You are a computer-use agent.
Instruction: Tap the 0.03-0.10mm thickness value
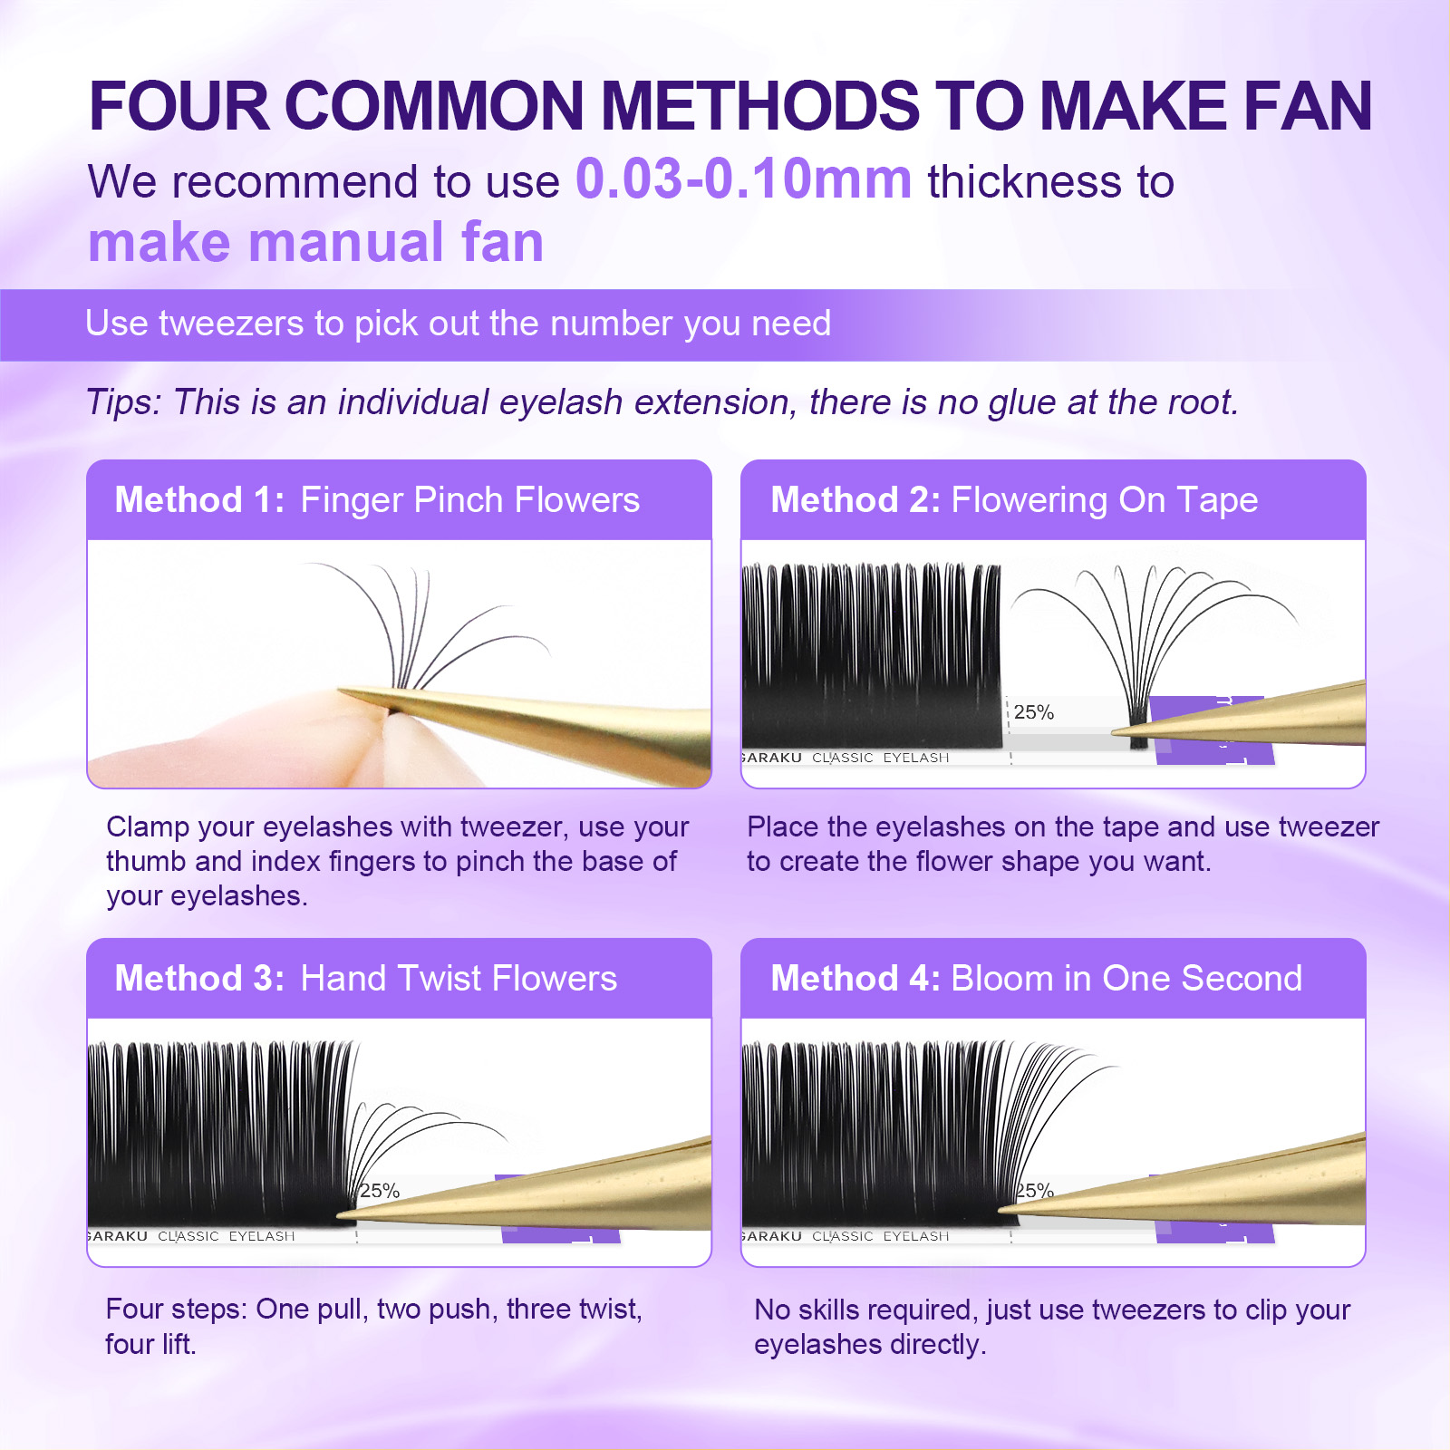pos(743,179)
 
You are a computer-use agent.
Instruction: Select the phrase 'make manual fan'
pos(315,242)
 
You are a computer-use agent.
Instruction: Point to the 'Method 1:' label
pos(199,500)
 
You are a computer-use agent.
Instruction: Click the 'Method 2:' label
pos(855,500)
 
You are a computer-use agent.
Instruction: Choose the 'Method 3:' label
pos(199,979)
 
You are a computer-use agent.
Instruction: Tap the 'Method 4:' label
pos(855,979)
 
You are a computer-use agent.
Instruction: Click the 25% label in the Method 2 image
pos(1033,712)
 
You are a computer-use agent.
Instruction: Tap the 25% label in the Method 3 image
pos(379,1191)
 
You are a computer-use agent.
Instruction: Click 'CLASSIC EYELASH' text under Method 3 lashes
pos(227,1236)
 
